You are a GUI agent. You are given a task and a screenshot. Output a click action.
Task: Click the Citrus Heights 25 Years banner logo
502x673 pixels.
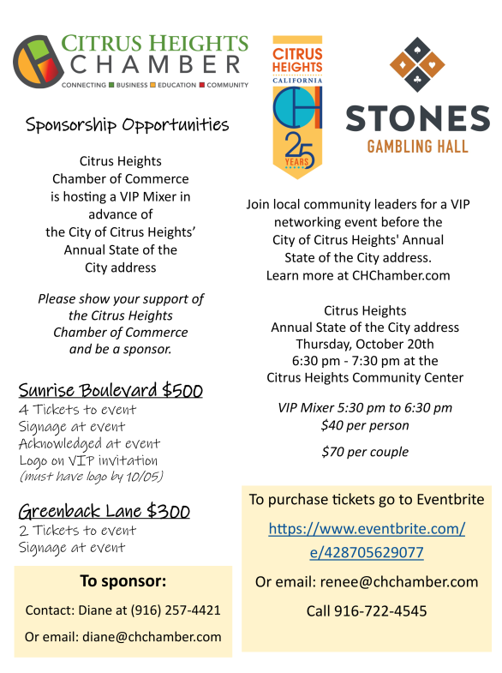pos(297,106)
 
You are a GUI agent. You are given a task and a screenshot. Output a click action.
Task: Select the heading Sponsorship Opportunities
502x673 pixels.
pos(128,125)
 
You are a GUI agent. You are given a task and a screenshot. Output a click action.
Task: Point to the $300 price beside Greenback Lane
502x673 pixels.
pos(168,513)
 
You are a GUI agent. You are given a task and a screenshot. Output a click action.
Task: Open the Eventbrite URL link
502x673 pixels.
pos(367,540)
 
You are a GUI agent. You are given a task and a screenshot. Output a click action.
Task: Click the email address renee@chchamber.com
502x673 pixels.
pos(397,582)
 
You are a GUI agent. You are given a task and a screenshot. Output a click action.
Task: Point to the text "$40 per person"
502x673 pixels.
pos(365,425)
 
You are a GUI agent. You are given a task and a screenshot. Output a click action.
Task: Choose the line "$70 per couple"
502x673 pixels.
pos(365,452)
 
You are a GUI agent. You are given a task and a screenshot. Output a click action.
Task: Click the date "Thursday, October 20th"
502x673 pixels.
pos(365,344)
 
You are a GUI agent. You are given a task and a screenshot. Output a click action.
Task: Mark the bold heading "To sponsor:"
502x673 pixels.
pos(123,581)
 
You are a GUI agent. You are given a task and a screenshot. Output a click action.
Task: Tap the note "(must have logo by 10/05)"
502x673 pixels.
pos(91,477)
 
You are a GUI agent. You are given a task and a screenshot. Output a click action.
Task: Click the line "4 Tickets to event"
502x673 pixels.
pos(77,410)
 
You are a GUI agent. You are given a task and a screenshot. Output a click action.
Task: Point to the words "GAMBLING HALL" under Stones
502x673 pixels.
pos(417,147)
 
